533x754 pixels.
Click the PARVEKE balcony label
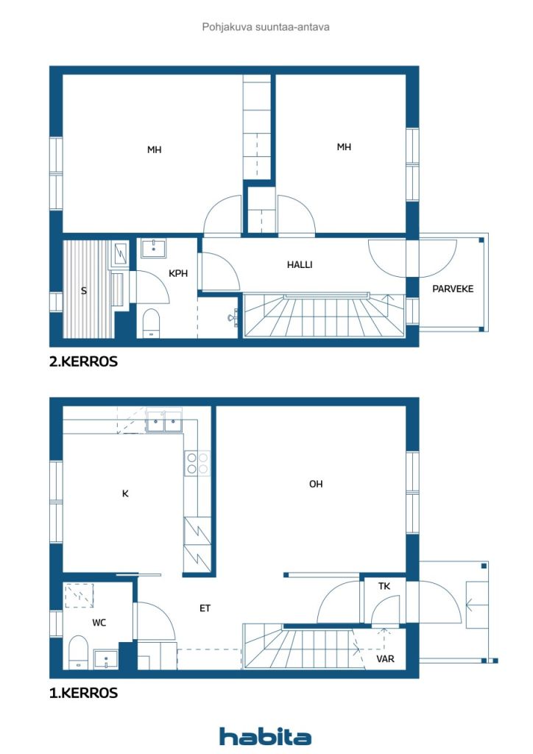pos(453,289)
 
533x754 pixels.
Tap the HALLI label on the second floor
pos(300,264)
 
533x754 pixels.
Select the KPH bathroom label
pos(178,273)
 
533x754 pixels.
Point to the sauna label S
pos(84,290)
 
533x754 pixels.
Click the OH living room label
pos(316,484)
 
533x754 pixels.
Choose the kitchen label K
pos(125,493)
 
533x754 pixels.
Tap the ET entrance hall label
pos(205,608)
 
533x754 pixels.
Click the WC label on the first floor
pos(99,623)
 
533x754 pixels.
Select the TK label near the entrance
pos(384,586)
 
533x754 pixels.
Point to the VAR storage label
pos(386,659)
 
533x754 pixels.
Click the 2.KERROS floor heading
pos(83,362)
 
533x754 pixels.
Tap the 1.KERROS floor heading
pos(83,693)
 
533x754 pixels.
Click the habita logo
pos(265,736)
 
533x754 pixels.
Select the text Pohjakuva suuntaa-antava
pos(266,27)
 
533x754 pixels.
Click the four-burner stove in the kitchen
pos(197,463)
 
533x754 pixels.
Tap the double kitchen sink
pos(164,422)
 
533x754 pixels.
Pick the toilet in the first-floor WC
pos(78,652)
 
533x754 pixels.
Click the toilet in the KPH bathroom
pos(152,323)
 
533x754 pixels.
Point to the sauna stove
pos(120,254)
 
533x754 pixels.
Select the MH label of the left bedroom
pos(155,150)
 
